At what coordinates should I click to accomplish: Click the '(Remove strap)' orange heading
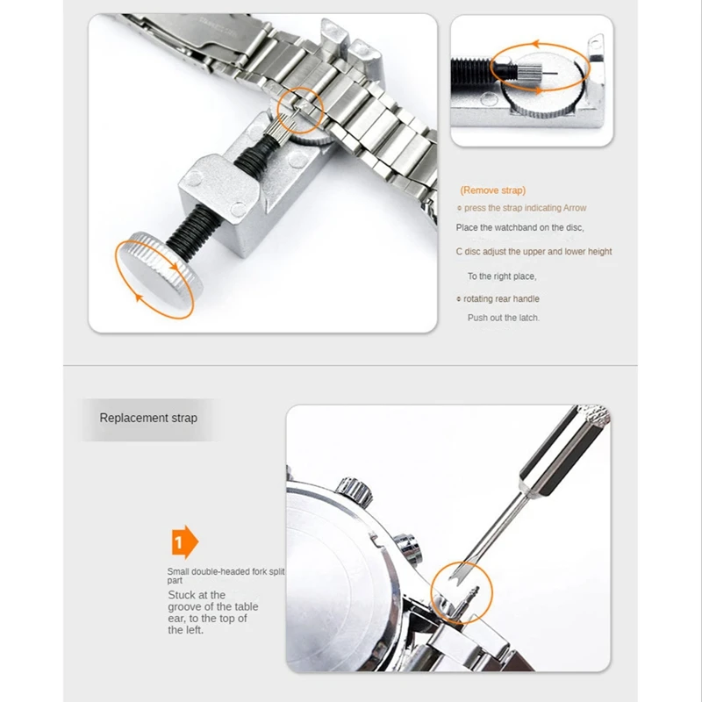pyautogui.click(x=493, y=190)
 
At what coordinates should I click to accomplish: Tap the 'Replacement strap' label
pyautogui.click(x=148, y=419)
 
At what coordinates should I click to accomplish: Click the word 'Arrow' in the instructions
pyautogui.click(x=570, y=208)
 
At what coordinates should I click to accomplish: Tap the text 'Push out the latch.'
pyautogui.click(x=504, y=318)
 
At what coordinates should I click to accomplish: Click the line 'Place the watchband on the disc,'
pyautogui.click(x=520, y=228)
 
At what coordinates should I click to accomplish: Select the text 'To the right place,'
pyautogui.click(x=502, y=276)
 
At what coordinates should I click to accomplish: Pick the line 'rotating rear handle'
pyautogui.click(x=501, y=299)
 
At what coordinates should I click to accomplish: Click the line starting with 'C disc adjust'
pyautogui.click(x=534, y=252)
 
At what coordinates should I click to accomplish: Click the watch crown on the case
pyautogui.click(x=353, y=487)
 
